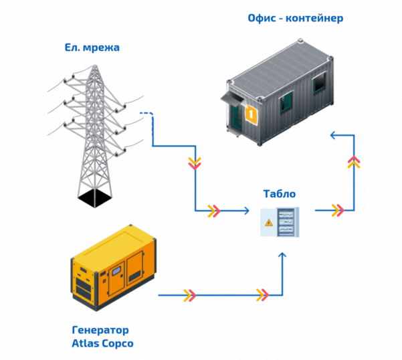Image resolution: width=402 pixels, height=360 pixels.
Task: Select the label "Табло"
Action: (280, 194)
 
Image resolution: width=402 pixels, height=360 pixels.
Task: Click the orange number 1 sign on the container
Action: (251, 114)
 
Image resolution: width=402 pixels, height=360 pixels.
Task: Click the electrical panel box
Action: (280, 223)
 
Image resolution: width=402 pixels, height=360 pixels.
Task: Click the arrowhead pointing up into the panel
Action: (285, 255)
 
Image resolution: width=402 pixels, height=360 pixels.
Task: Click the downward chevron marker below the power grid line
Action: (194, 163)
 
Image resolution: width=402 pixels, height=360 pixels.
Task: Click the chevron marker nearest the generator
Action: (190, 293)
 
